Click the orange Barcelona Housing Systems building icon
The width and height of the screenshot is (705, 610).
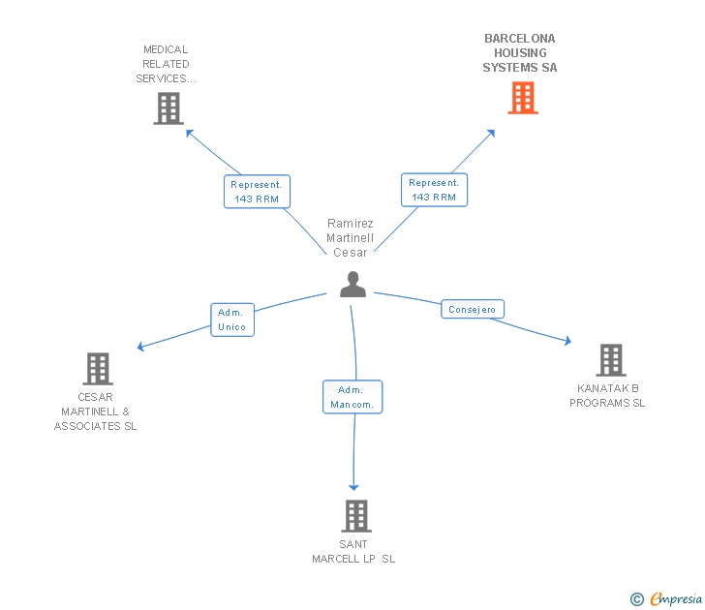tap(523, 98)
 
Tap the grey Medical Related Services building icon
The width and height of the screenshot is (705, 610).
tap(169, 108)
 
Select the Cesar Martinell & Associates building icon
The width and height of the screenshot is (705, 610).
tap(98, 369)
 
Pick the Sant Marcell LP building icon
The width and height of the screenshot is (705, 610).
tap(356, 516)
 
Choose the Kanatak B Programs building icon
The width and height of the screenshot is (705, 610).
tap(610, 360)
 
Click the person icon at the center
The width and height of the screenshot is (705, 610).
tap(352, 284)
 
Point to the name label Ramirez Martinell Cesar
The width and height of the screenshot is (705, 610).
tap(351, 237)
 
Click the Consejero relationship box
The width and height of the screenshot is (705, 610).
tap(473, 310)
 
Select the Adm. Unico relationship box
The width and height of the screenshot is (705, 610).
tap(232, 320)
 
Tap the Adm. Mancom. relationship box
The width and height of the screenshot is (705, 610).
tap(352, 397)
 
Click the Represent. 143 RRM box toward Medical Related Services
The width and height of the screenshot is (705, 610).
tap(257, 191)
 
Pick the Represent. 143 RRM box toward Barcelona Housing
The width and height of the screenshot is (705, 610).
tap(434, 190)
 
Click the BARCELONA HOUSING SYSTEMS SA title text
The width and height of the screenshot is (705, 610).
tap(520, 53)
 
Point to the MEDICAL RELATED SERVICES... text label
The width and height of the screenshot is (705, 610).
tap(166, 64)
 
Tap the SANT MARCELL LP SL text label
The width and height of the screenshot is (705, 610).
tap(353, 552)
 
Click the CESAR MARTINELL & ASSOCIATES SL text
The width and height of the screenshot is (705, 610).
tap(96, 412)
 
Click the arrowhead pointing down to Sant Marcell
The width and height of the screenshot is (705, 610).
tap(354, 485)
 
